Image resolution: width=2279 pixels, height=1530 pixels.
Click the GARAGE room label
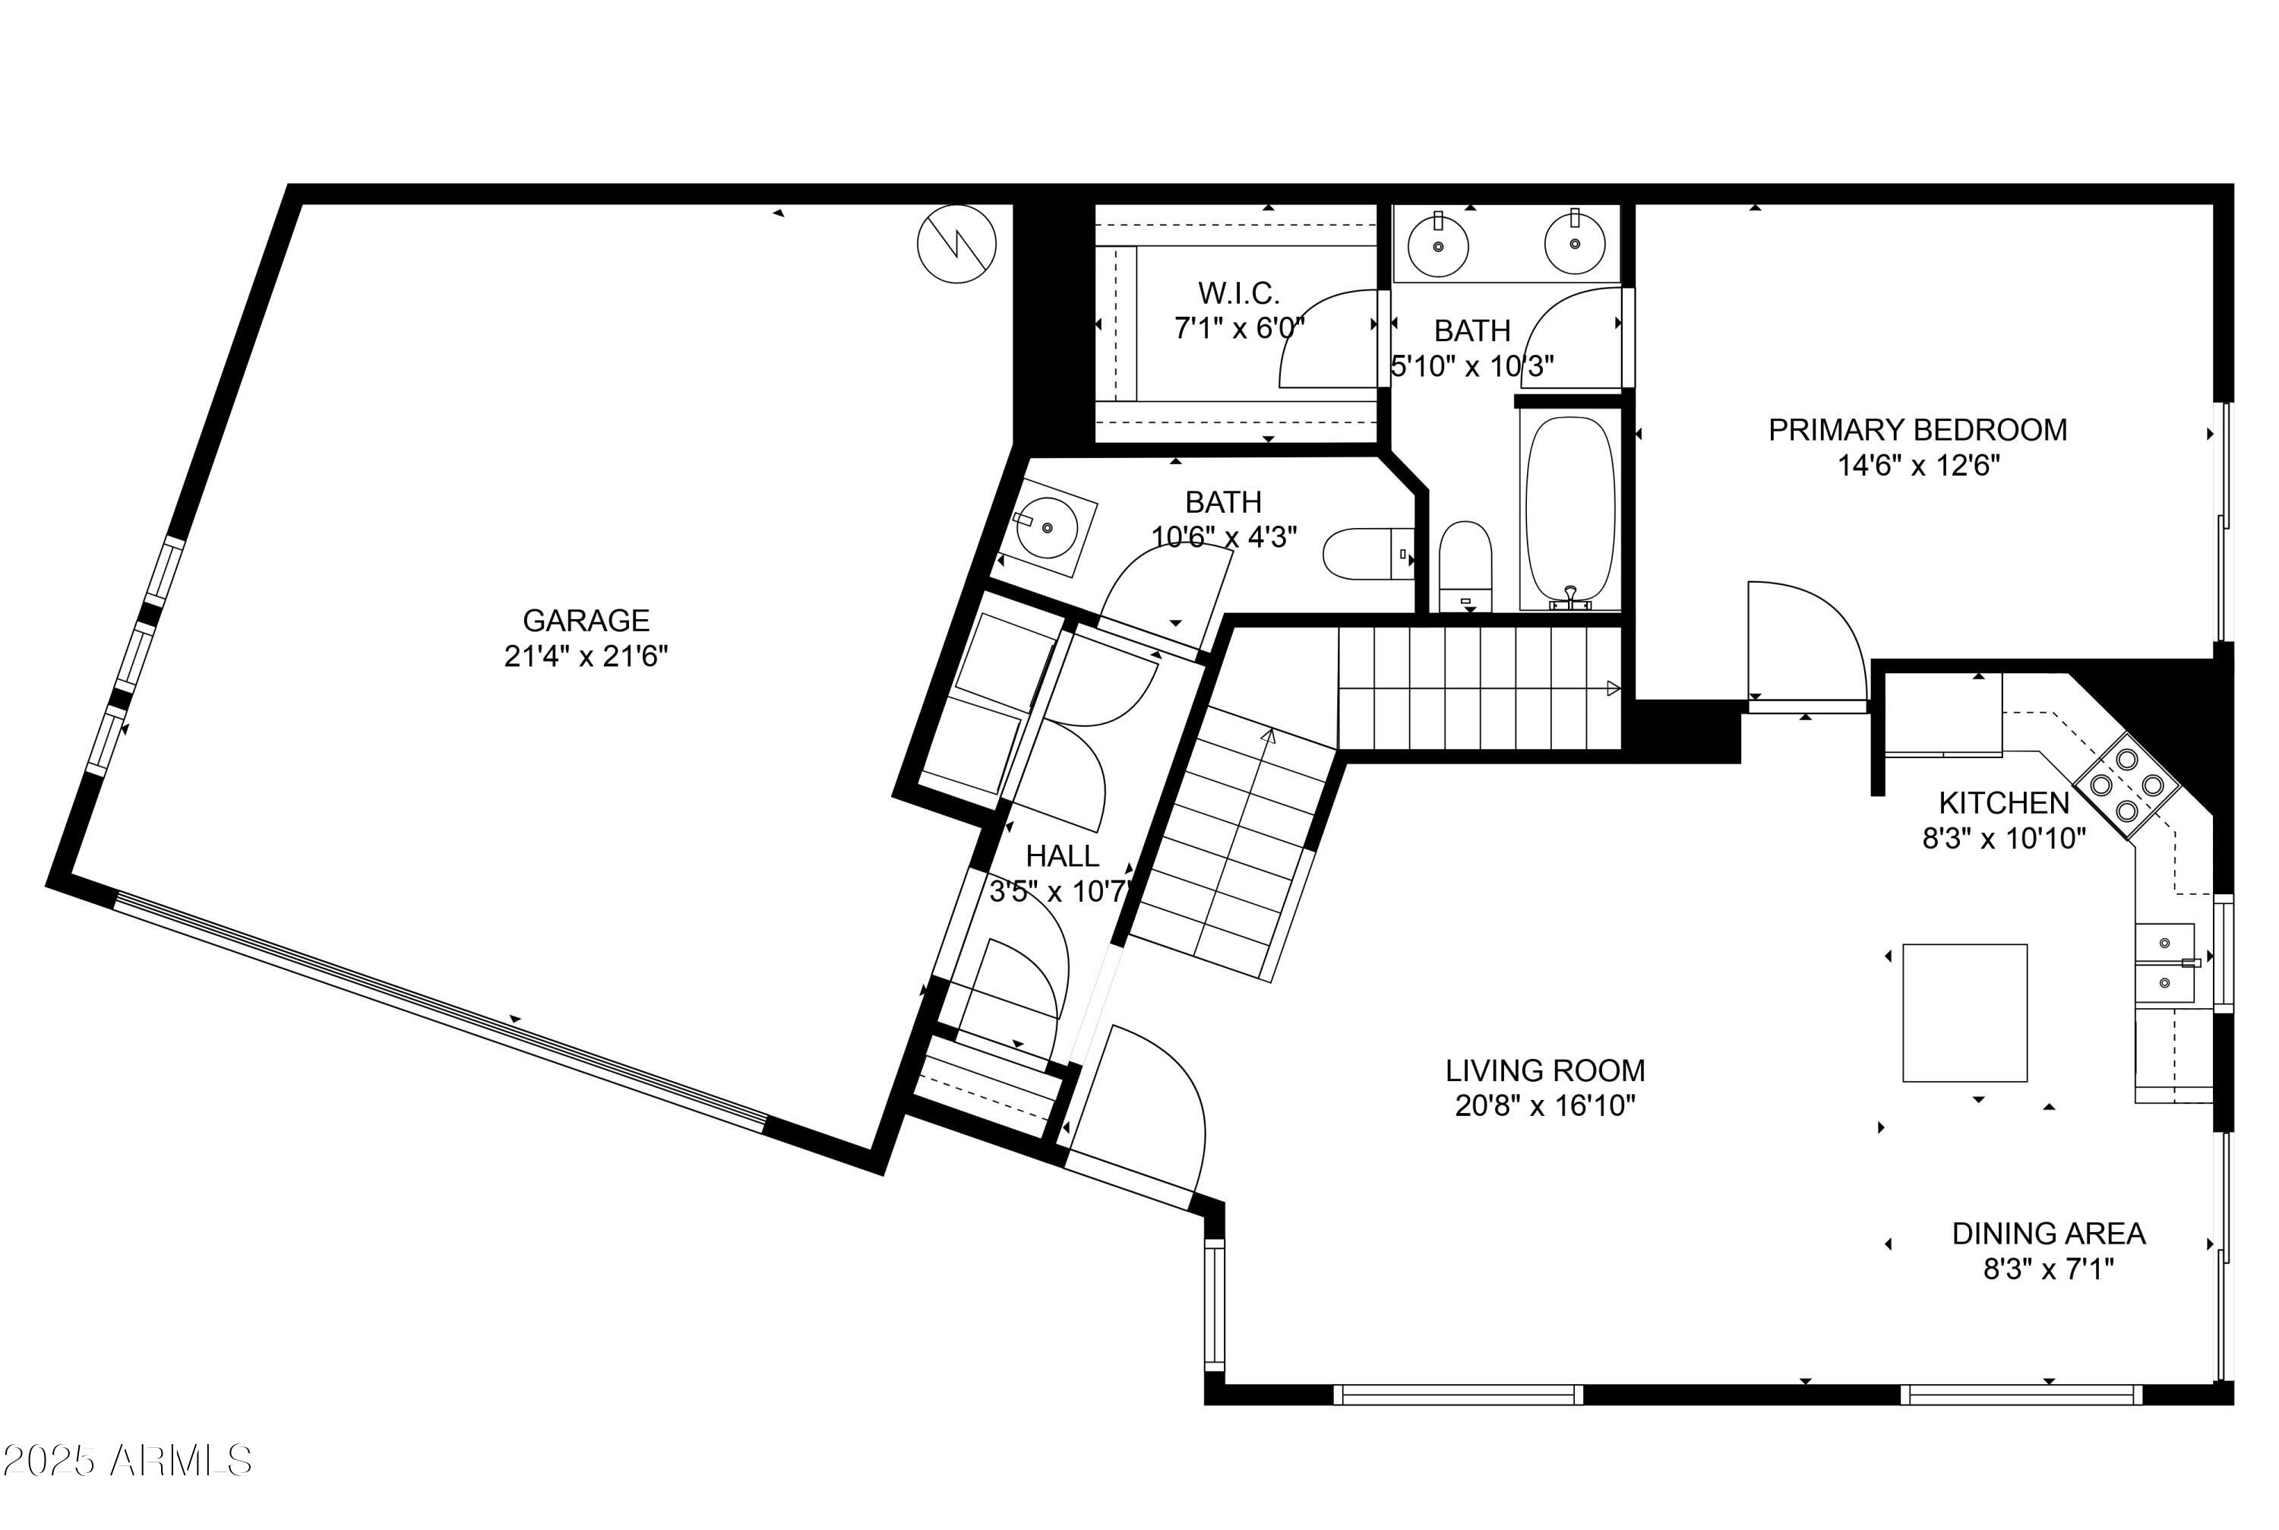(586, 621)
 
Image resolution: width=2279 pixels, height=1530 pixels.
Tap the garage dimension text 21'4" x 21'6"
(586, 656)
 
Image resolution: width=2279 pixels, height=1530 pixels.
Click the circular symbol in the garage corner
(956, 244)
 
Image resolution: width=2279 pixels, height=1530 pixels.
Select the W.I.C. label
(1238, 292)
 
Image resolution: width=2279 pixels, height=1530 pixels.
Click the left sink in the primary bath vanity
(1438, 245)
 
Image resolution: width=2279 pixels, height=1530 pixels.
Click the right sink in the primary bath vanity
(1573, 243)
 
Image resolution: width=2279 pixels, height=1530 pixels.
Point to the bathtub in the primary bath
(1569, 509)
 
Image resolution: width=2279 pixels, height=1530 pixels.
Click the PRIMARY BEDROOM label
(1917, 430)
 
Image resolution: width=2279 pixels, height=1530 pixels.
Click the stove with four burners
(2127, 785)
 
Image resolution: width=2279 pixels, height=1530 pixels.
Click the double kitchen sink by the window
(2164, 963)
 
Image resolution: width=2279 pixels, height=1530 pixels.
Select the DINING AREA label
(2048, 1234)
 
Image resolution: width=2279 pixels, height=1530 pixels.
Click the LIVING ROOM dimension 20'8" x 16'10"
(1544, 1105)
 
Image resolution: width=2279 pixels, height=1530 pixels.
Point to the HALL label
(1061, 855)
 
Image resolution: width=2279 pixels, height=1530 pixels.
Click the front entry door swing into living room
(1151, 1102)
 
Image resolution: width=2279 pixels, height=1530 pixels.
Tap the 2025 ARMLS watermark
(127, 1461)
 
